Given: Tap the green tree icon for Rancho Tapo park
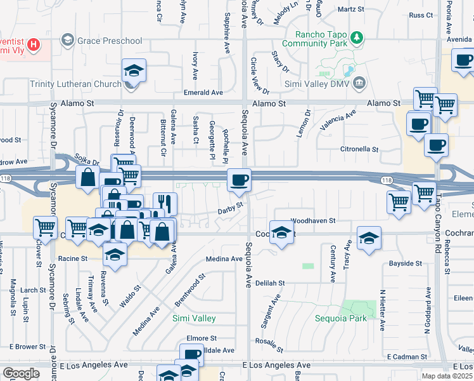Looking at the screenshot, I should click(x=358, y=38).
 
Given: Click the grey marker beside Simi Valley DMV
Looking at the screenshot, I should click(x=359, y=82).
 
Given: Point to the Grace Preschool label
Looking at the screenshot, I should click(x=109, y=41).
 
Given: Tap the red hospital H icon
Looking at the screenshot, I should click(x=34, y=46).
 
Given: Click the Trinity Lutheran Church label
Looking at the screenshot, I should click(x=75, y=84).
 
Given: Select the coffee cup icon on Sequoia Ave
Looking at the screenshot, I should click(x=240, y=180).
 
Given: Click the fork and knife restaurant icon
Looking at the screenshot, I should click(x=165, y=204).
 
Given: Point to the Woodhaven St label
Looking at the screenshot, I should click(x=312, y=220).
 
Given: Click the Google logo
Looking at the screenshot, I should click(x=22, y=373).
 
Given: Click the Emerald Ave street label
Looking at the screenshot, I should click(x=203, y=93).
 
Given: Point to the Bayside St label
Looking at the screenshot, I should click(x=406, y=263).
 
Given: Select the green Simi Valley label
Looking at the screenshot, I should click(x=195, y=318).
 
